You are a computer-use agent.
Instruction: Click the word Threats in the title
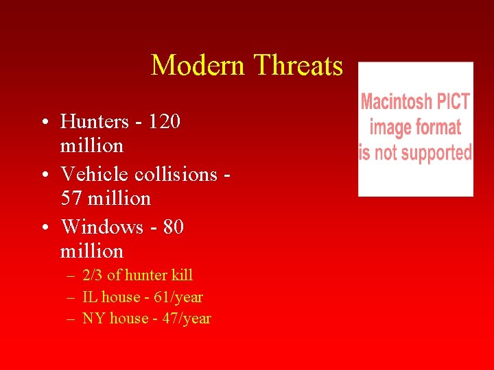point(298,66)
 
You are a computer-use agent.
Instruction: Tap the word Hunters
point(95,122)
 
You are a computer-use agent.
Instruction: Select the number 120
point(165,122)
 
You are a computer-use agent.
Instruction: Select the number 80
point(174,227)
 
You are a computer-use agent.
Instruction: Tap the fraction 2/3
point(93,275)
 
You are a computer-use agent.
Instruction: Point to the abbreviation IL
point(89,297)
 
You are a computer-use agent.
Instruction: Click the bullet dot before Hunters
point(43,123)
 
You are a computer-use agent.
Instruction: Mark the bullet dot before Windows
point(43,227)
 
